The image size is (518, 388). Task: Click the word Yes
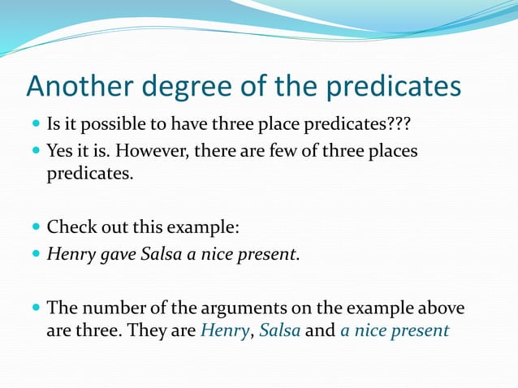click(61, 152)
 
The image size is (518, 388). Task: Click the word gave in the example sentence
click(117, 254)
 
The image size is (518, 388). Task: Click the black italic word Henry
click(70, 253)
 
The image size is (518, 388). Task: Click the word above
click(442, 308)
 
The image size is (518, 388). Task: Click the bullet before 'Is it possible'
click(36, 125)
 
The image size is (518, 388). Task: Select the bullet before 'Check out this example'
click(36, 226)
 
